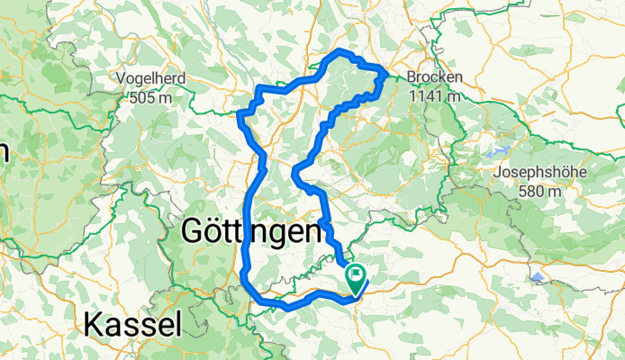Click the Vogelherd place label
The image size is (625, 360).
pyautogui.click(x=151, y=78)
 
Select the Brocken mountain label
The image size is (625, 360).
pyautogui.click(x=434, y=78)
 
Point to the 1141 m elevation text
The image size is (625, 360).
pyautogui.click(x=434, y=95)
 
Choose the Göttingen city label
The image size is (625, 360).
pyautogui.click(x=251, y=232)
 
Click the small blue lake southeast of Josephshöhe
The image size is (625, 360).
pyautogui.click(x=538, y=278)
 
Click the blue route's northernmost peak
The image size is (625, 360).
pyautogui.click(x=340, y=53)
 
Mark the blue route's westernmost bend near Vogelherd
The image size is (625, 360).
pyautogui.click(x=239, y=113)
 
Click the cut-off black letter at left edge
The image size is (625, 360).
pyautogui.click(x=3, y=153)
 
